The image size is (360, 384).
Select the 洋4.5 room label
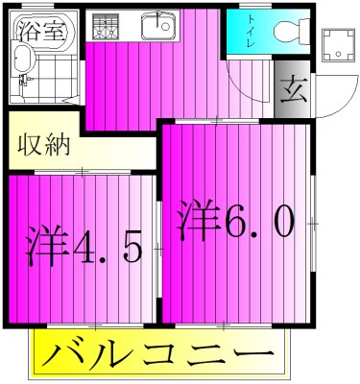pyautogui.click(x=84, y=246)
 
